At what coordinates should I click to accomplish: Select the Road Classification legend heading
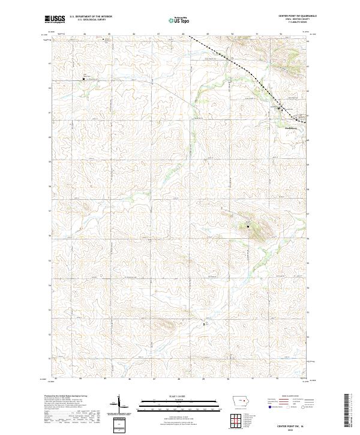290,397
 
